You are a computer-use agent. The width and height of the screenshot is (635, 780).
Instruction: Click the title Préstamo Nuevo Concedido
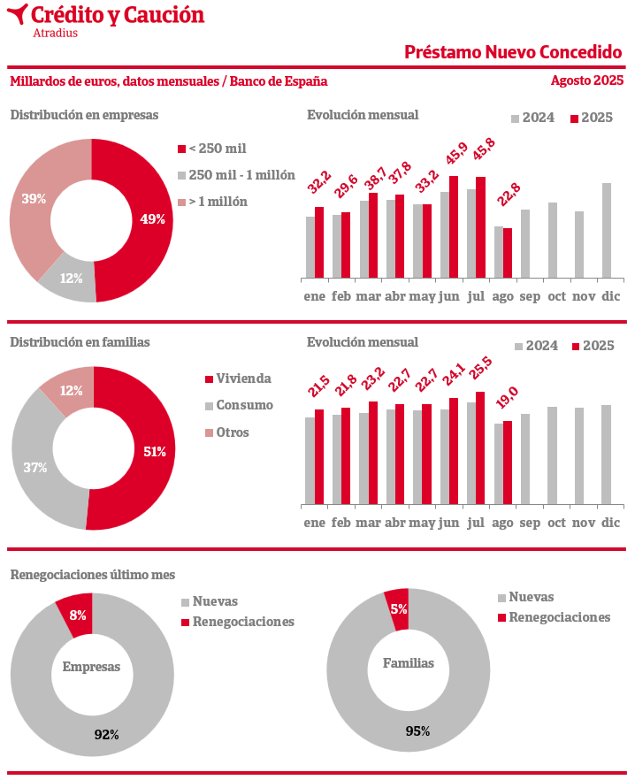[x=513, y=51]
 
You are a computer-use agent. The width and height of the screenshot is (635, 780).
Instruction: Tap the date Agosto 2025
[x=586, y=80]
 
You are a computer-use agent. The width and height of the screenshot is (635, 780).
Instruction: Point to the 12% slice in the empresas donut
[x=71, y=279]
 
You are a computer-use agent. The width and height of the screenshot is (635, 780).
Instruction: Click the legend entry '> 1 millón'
[x=218, y=202]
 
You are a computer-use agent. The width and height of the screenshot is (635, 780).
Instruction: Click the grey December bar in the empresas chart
[x=607, y=231]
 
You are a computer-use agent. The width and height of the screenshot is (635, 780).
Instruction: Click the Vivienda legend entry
[x=243, y=379]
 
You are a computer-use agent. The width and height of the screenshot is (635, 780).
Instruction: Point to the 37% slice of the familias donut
[x=35, y=468]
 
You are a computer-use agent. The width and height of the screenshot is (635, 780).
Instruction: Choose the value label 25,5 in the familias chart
[x=481, y=374]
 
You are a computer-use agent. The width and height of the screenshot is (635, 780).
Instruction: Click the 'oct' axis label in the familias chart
[x=556, y=523]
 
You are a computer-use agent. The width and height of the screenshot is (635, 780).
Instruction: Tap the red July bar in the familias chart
[x=480, y=447]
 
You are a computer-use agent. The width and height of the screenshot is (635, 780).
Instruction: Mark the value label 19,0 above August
[x=508, y=403]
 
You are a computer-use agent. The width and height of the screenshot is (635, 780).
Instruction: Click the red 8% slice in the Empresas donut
[x=77, y=615]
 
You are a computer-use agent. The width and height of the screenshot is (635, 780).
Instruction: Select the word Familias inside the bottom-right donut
[x=409, y=662]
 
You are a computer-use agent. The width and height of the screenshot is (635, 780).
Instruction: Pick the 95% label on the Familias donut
[x=417, y=730]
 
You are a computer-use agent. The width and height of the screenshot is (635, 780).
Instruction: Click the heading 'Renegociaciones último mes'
[x=93, y=575]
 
